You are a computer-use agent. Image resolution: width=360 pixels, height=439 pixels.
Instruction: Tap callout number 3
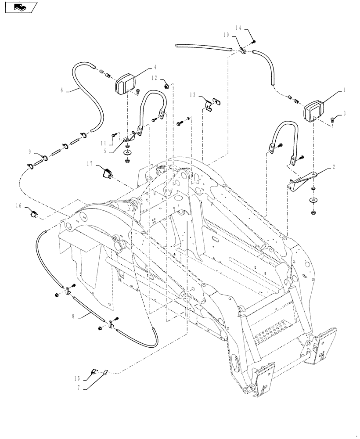[345, 113]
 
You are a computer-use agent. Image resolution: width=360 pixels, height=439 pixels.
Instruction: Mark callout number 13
[192, 94]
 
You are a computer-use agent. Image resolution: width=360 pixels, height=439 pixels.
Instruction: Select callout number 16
[19, 205]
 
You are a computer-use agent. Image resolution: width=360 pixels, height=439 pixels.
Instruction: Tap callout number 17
[89, 165]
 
